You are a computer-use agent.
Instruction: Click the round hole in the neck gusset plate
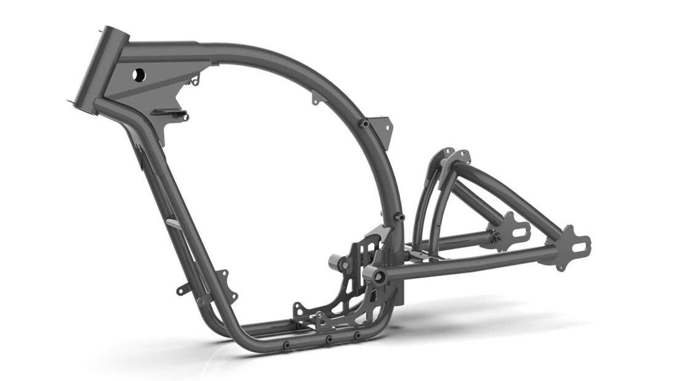tap(139, 74)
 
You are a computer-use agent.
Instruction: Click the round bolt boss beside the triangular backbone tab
tap(364, 123)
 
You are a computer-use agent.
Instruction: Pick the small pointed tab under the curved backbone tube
tap(315, 97)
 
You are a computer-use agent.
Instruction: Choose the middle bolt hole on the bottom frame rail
tap(329, 339)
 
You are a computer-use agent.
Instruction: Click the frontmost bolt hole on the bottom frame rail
tap(287, 345)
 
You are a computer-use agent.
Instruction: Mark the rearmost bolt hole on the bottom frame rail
tap(357, 335)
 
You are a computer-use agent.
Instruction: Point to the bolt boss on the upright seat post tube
tap(399, 217)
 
